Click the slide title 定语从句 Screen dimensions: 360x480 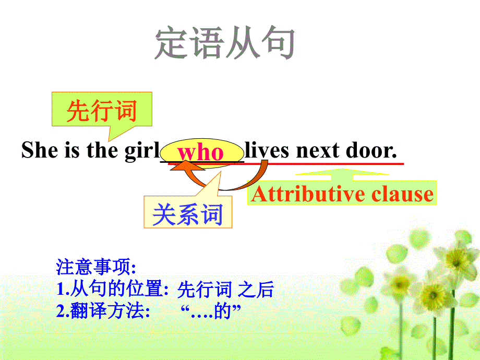coord(225,43)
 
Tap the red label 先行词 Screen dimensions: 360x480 coord(102,112)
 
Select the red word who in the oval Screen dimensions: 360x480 coord(201,152)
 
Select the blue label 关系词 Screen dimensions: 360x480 coord(188,214)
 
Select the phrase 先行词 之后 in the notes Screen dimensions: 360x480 coord(225,290)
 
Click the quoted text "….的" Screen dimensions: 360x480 coord(213,312)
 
